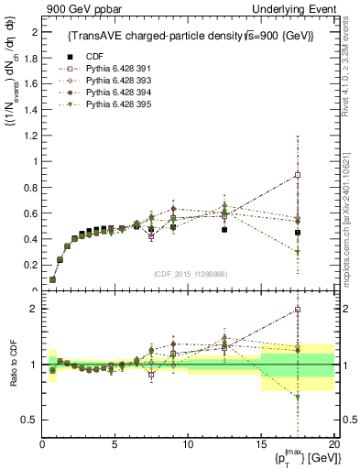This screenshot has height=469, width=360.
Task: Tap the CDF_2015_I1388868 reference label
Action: [x=191, y=272]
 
